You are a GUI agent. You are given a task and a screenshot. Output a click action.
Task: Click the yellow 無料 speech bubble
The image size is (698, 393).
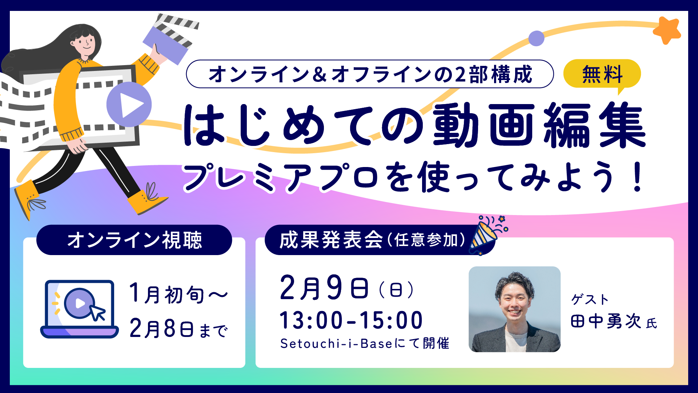point(602,74)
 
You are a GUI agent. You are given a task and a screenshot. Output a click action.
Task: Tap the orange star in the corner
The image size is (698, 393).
point(667,31)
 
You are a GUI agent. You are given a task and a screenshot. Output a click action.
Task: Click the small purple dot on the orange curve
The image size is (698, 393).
point(536,38)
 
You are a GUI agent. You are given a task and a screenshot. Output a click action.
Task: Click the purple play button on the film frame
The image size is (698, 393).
point(129,104)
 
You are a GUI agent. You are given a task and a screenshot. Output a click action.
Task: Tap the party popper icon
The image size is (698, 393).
point(487,235)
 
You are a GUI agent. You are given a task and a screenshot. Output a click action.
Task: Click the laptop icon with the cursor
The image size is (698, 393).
point(80,309)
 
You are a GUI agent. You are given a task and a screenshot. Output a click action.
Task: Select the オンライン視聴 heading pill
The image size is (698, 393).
point(134,240)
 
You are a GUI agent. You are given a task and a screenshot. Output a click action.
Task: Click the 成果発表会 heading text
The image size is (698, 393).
point(331,240)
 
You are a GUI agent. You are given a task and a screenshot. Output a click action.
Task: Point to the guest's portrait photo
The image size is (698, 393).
point(514,309)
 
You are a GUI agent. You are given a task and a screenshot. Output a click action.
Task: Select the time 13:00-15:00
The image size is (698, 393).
point(351,320)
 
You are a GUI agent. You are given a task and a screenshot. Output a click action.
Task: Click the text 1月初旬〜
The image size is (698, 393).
point(178,294)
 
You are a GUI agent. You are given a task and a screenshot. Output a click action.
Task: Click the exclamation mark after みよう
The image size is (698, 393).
point(637,178)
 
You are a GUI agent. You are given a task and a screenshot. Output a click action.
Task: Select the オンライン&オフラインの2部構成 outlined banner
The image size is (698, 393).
point(370,74)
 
